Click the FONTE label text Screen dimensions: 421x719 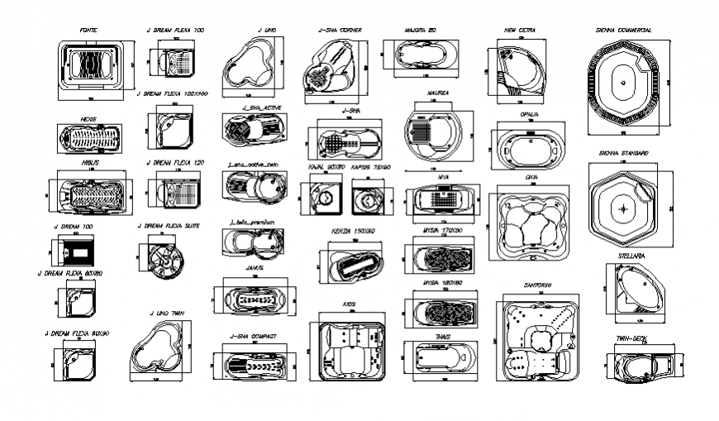click(88, 31)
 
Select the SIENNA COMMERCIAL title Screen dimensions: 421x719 click(623, 31)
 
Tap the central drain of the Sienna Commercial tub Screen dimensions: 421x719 click(622, 84)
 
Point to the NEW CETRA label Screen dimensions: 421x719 click(520, 31)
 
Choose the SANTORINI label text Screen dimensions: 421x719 click(537, 285)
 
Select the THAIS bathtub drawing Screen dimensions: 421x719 click(440, 361)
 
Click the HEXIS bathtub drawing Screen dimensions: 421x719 click(88, 138)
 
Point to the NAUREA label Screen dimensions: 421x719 click(438, 93)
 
